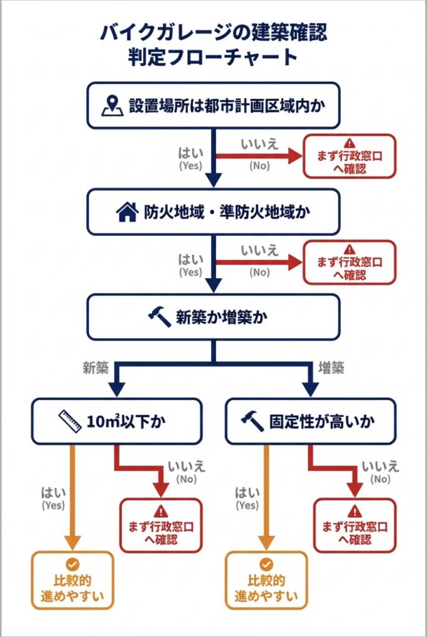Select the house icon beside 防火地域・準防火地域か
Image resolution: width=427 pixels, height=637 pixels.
tap(126, 212)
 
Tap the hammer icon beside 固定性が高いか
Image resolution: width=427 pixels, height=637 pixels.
tap(253, 422)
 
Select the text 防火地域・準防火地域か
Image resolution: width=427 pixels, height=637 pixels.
tap(228, 212)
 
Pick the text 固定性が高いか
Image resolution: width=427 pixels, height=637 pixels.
tap(322, 422)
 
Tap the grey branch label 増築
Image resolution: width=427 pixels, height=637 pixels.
tap(331, 368)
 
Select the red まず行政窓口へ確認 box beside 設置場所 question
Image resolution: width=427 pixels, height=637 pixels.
tap(349, 156)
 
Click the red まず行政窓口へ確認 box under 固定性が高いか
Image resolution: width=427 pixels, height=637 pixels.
tap(355, 525)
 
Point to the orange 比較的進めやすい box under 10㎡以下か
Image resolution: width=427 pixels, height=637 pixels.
tap(73, 580)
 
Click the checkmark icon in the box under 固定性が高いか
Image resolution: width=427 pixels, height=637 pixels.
tap(266, 564)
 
